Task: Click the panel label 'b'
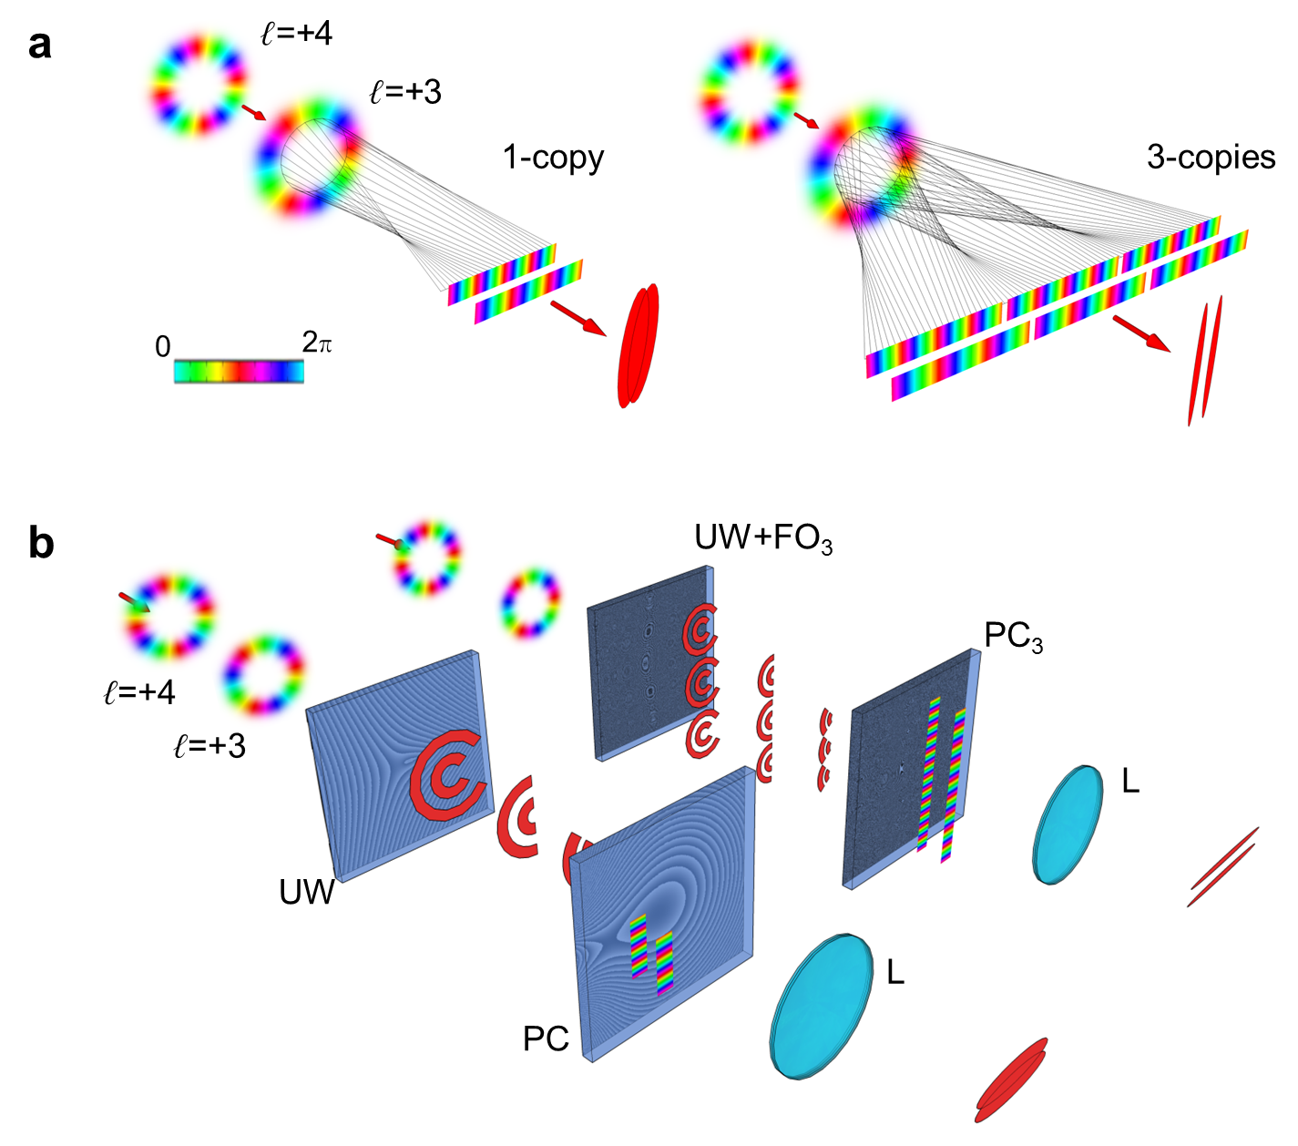(x=41, y=544)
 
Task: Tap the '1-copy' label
(x=553, y=158)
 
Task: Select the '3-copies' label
(x=1211, y=158)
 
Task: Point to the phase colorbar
(x=239, y=372)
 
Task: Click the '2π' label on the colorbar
(x=316, y=343)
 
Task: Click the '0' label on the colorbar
(x=163, y=347)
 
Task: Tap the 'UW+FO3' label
(x=763, y=538)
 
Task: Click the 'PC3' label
(x=1014, y=638)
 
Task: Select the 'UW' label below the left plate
(x=306, y=892)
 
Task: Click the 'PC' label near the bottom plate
(x=546, y=1039)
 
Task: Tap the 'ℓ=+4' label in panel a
(x=297, y=34)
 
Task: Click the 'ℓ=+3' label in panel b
(x=210, y=746)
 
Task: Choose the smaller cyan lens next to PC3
(x=1068, y=824)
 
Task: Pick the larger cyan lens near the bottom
(x=822, y=1006)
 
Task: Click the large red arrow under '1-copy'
(x=577, y=318)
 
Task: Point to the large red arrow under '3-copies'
(x=1141, y=333)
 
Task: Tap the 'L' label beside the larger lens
(x=895, y=973)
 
